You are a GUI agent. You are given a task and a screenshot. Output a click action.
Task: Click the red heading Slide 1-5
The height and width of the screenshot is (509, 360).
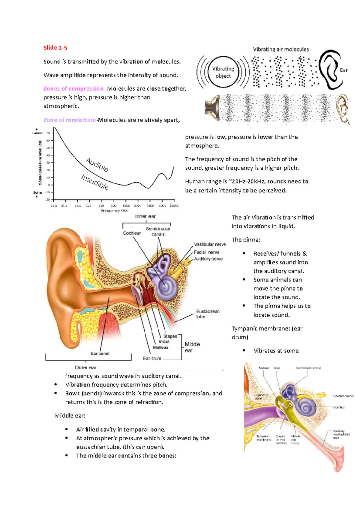click(x=55, y=48)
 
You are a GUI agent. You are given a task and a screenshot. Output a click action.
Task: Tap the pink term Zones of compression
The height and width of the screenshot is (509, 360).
click(x=73, y=89)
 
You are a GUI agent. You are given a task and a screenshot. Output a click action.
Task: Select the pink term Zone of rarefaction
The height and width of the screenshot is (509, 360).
click(x=69, y=120)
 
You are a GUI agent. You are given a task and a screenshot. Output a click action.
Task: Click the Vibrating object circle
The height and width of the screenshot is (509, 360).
click(x=223, y=72)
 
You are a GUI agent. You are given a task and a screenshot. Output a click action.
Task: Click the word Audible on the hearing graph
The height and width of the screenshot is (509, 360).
click(x=97, y=165)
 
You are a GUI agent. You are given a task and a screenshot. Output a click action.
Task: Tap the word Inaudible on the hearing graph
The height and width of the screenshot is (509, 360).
click(x=95, y=182)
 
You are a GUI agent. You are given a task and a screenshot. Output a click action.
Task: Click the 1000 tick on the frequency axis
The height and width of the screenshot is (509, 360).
click(x=126, y=206)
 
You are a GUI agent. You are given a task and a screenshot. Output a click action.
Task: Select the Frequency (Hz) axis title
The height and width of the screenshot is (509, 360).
click(x=115, y=211)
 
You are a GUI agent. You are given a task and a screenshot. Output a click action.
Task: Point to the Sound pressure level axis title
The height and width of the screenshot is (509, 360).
click(x=40, y=162)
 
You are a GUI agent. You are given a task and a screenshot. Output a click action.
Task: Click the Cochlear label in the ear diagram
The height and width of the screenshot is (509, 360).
click(x=132, y=233)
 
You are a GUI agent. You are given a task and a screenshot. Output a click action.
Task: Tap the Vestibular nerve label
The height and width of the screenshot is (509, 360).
click(x=210, y=244)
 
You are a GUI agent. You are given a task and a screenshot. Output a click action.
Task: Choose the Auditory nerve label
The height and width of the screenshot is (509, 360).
click(x=208, y=259)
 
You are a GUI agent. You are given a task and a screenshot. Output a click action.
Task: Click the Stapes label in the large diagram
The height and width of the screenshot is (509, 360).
click(x=170, y=336)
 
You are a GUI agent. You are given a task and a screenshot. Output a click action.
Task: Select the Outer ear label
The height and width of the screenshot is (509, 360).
click(x=85, y=368)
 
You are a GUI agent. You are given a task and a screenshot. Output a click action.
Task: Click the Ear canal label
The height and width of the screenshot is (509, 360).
click(x=100, y=353)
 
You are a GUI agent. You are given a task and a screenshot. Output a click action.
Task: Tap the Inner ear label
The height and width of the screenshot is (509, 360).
click(x=145, y=216)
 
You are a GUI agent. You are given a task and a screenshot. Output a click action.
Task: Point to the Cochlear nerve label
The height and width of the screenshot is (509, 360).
click(x=343, y=396)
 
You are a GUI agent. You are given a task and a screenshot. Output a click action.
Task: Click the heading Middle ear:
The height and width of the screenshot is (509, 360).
click(x=70, y=415)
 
